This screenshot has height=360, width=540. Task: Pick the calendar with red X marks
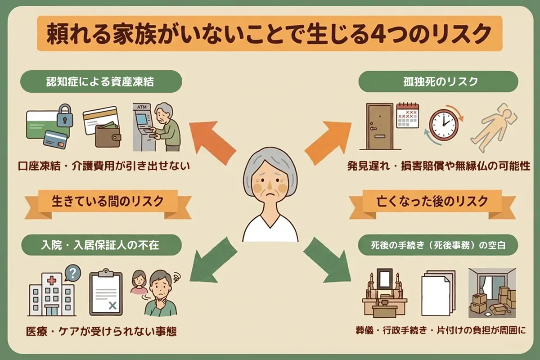tap(407, 116)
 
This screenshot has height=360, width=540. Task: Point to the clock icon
tap(443, 124)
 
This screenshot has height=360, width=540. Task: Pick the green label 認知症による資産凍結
tap(101, 82)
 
